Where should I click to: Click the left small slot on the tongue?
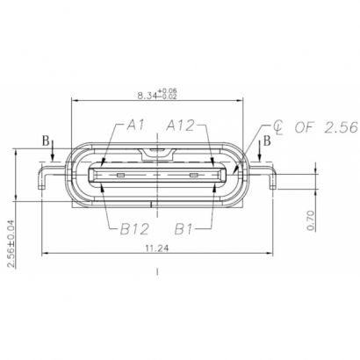coord(123,175)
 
